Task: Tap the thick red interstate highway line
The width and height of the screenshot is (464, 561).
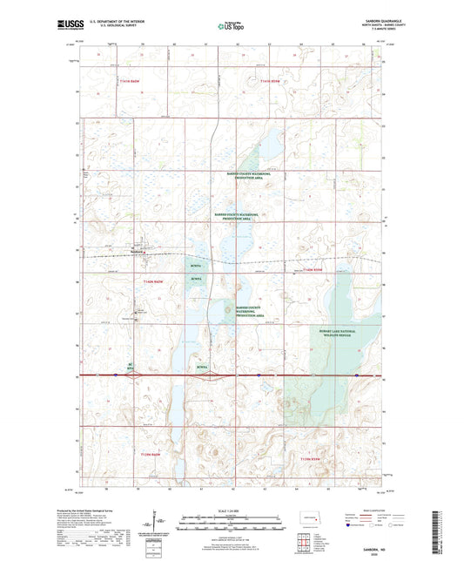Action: pos(261,375)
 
